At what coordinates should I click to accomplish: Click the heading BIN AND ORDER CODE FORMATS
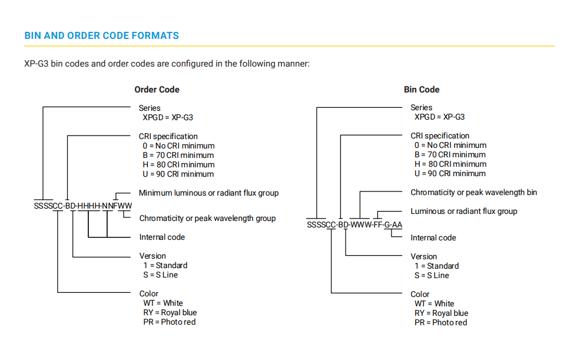click(x=101, y=35)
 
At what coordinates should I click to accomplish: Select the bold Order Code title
click(x=157, y=90)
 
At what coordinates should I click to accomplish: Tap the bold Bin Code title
click(x=422, y=90)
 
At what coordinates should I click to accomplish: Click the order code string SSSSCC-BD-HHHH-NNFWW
click(x=83, y=206)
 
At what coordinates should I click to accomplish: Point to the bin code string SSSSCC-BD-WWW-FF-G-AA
click(x=354, y=224)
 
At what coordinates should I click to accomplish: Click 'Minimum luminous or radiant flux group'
click(x=208, y=193)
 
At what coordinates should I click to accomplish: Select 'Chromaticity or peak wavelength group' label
click(x=208, y=218)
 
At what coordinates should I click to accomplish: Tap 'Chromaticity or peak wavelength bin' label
click(x=473, y=192)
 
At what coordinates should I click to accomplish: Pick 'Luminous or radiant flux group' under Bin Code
click(x=464, y=212)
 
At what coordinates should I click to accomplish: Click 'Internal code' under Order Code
click(x=162, y=237)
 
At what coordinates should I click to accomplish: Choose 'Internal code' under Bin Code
click(x=433, y=238)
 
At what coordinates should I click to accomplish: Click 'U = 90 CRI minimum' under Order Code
click(x=178, y=174)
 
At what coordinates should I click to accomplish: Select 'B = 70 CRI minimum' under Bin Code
click(x=450, y=154)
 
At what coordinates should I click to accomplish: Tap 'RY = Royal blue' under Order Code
click(x=170, y=312)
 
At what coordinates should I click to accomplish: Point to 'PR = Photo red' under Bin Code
click(x=440, y=322)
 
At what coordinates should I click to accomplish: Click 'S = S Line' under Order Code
click(x=160, y=275)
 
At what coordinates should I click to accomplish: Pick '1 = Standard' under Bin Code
click(x=436, y=266)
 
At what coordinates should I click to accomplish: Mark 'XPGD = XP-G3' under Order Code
click(x=168, y=117)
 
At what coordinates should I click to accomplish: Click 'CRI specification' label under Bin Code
click(x=440, y=136)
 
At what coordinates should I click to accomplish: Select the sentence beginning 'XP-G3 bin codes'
click(x=167, y=64)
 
